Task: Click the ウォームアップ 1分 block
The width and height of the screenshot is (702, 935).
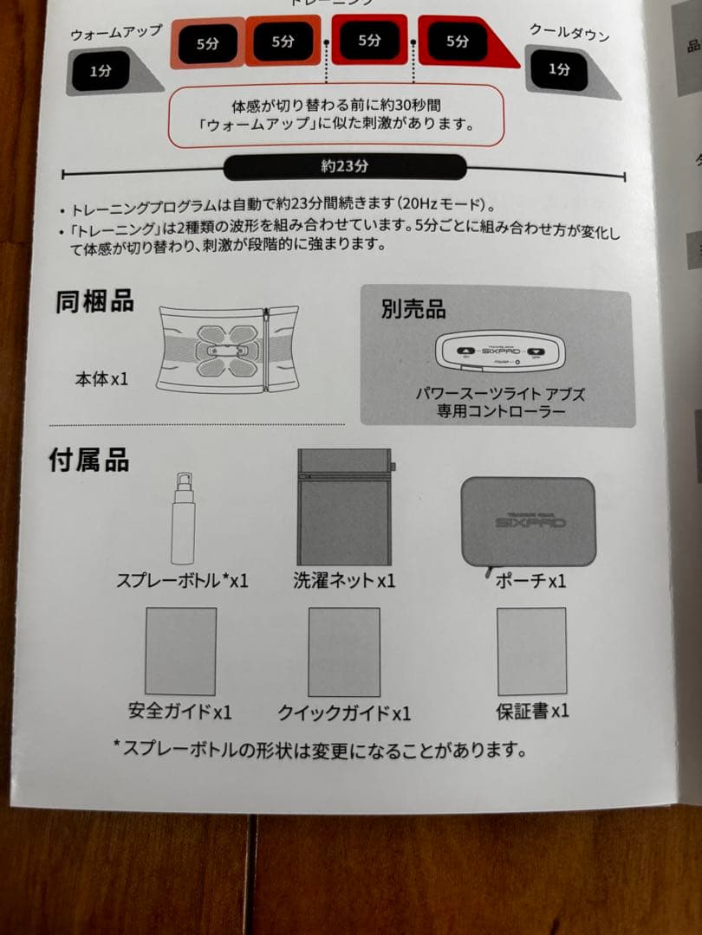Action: (101, 72)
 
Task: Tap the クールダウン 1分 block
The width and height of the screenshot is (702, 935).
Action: (561, 69)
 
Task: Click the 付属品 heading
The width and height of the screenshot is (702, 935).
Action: (89, 460)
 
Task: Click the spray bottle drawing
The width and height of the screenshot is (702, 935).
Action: (183, 519)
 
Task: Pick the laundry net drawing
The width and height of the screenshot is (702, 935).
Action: (344, 507)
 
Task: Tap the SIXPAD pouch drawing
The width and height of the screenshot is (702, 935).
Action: (528, 520)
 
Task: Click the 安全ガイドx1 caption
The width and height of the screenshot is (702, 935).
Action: (180, 713)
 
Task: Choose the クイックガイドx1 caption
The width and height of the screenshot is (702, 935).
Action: (344, 713)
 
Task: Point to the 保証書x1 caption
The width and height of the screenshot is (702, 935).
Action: (532, 711)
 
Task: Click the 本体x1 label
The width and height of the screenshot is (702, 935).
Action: (101, 378)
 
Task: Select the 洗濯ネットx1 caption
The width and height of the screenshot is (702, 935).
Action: (344, 580)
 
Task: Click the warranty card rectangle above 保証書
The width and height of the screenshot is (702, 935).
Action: (531, 650)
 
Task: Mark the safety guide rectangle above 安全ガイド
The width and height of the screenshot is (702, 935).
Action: (180, 651)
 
